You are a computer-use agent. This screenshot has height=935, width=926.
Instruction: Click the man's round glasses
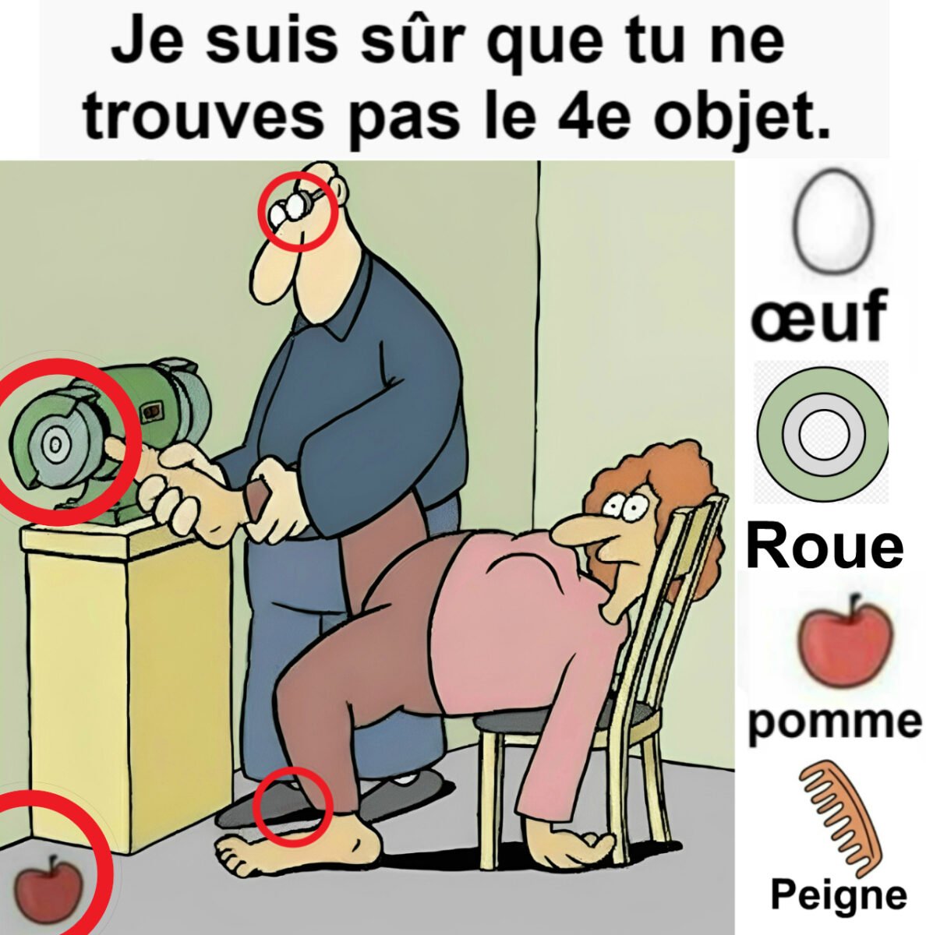pyautogui.click(x=292, y=209)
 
